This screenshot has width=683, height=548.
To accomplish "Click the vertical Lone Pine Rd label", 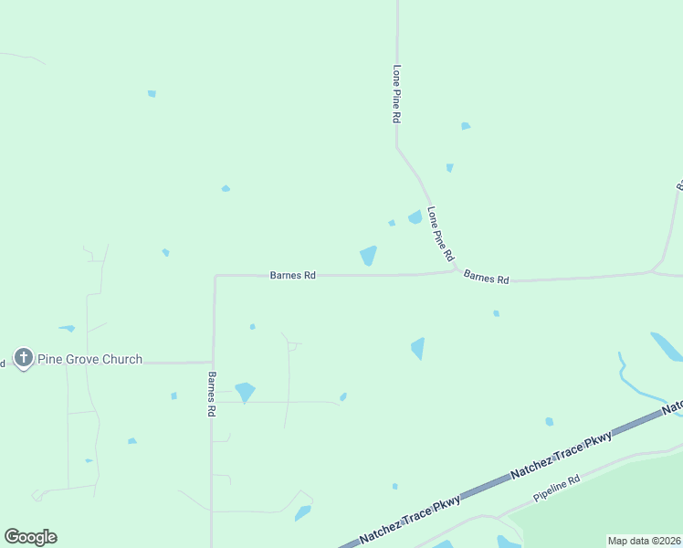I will point(396,94).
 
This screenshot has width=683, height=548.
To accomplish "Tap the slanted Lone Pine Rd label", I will point(440,233).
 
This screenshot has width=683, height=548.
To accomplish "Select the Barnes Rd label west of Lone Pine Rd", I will point(292,275).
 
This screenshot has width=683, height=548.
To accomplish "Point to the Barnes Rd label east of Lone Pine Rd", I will point(486,277).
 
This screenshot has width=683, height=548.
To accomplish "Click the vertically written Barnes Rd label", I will point(211,395).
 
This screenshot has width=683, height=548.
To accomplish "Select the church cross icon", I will point(23,357).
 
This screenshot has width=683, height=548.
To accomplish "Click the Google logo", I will point(30,537).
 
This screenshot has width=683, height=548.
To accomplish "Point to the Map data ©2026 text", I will point(644,541).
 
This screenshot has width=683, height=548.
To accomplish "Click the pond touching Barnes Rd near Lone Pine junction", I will point(368,256).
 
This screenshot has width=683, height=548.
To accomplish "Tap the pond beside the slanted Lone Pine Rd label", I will point(415,217).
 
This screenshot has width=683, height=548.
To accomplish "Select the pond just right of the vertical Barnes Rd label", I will point(245,392).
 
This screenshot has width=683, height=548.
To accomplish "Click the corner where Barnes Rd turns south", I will point(215,275).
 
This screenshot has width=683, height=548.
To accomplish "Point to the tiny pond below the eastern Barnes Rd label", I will point(496,313).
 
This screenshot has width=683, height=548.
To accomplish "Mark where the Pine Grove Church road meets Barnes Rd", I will point(213,362).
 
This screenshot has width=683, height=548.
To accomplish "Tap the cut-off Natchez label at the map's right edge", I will point(674,405).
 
